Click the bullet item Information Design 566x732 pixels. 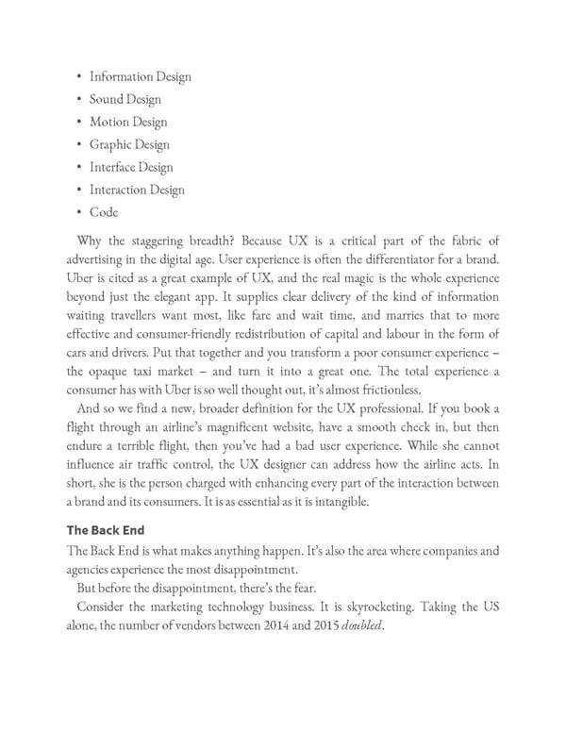(x=140, y=76)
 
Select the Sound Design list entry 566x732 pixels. (x=125, y=99)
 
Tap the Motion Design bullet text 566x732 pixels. (x=128, y=122)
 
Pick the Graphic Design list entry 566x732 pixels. (x=129, y=144)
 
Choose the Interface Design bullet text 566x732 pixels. (x=131, y=167)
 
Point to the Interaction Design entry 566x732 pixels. (x=137, y=190)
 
